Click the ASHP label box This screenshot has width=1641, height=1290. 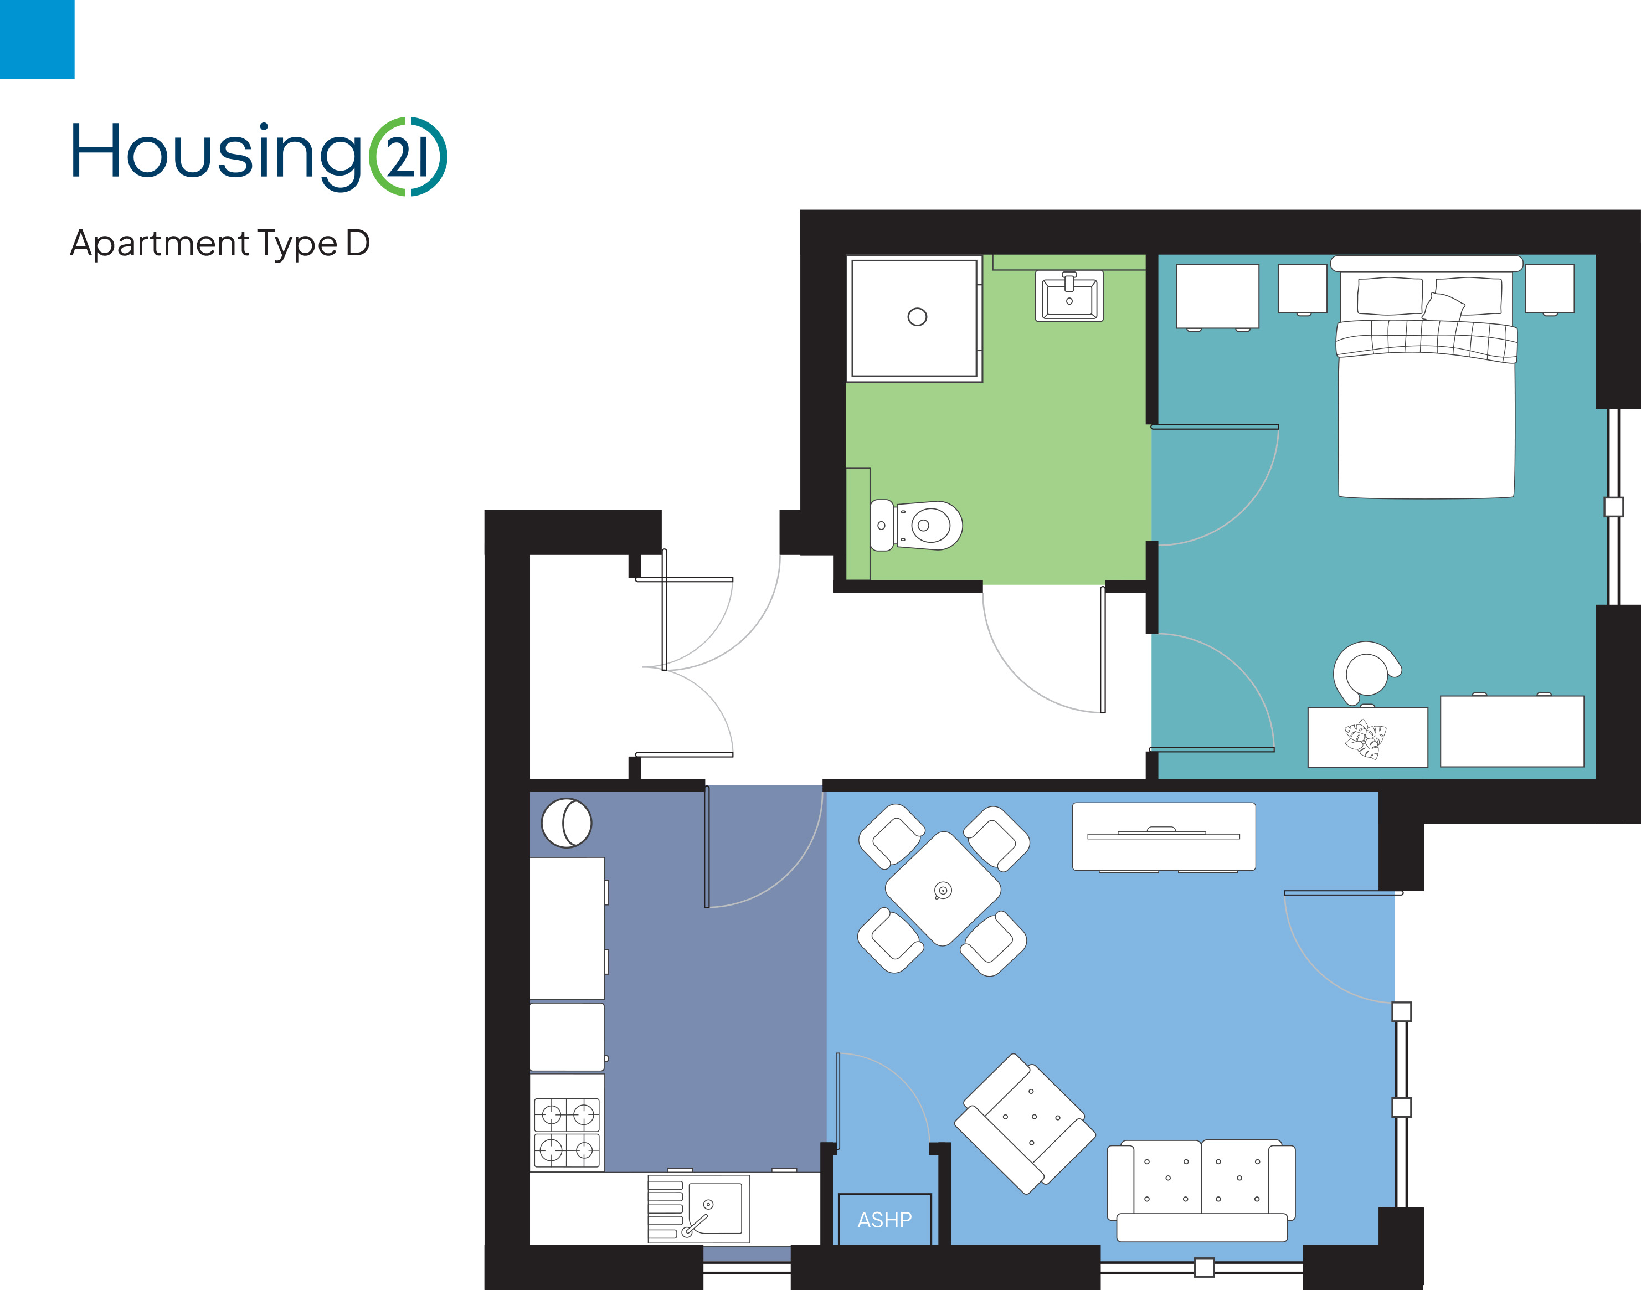884,1219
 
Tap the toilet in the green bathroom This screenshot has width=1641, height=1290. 916,525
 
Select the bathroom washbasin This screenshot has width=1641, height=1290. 1068,296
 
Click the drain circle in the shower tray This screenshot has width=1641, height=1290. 917,316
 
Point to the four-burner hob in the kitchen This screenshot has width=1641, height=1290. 567,1132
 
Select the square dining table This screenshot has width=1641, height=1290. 943,889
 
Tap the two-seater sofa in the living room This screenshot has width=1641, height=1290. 1201,1190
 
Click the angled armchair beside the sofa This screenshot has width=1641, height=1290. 1025,1124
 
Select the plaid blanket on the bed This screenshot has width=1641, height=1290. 1426,340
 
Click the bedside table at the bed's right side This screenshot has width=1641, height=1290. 1550,289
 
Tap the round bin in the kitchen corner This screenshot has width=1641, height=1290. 567,823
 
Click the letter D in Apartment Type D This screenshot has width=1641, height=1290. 358,243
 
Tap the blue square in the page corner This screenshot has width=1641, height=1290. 37,39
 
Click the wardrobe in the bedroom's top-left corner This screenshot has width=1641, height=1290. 1217,296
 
